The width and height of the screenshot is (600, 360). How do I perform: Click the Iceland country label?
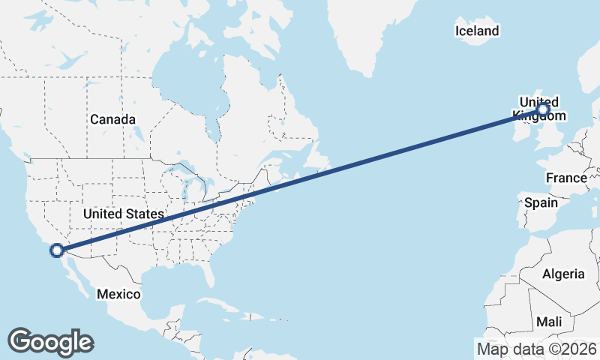[x=477, y=31]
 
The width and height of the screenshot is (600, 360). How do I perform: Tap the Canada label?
[x=112, y=119]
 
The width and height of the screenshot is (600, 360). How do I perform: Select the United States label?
[x=123, y=214]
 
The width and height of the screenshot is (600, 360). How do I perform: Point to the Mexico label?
[x=118, y=294]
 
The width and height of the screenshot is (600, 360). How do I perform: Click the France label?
[x=566, y=178]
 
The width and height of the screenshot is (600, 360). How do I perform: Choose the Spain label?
[x=541, y=202]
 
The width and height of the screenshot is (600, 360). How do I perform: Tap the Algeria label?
[x=562, y=274]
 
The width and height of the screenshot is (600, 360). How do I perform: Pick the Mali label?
[x=549, y=321]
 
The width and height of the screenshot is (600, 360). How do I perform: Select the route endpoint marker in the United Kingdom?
[x=542, y=110]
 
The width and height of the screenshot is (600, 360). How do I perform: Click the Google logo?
[x=50, y=342]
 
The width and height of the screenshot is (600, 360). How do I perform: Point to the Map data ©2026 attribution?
[x=536, y=348]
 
